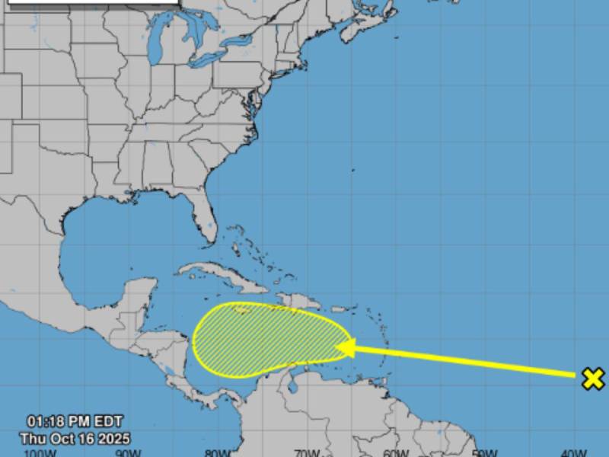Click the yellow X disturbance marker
(x=593, y=378)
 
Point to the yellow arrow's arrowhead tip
(x=336, y=347)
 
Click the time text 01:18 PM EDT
(x=75, y=421)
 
